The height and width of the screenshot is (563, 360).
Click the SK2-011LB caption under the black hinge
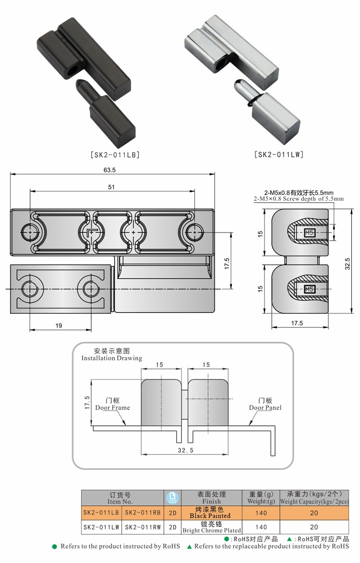(x=115, y=155)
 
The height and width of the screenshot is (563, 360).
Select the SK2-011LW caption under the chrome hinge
(x=279, y=155)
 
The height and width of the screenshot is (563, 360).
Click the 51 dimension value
(x=111, y=187)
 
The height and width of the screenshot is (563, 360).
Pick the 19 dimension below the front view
(x=59, y=326)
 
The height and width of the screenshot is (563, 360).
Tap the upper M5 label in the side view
(x=309, y=234)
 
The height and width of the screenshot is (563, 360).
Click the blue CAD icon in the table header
(x=172, y=497)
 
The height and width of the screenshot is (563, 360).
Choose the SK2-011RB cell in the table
(x=142, y=513)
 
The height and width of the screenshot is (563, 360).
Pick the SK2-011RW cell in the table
(x=142, y=527)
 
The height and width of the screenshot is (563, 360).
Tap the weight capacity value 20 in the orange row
(x=314, y=513)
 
